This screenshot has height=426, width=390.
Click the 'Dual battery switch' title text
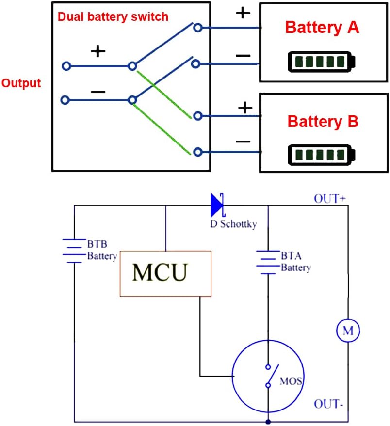click(x=113, y=16)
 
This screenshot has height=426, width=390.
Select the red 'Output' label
click(x=21, y=83)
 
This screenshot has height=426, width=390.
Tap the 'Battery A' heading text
click(x=322, y=27)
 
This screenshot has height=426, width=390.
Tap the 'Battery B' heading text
click(x=323, y=121)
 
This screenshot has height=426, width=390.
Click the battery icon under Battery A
click(x=322, y=62)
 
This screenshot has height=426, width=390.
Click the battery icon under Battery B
click(x=322, y=155)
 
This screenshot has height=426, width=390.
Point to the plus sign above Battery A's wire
click(x=243, y=13)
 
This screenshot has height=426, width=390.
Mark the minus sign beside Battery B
click(x=243, y=141)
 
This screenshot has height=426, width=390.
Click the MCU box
click(x=165, y=273)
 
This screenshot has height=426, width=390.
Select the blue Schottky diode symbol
click(x=217, y=205)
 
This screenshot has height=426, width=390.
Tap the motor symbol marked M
click(x=348, y=331)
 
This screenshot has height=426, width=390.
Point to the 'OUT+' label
click(x=329, y=198)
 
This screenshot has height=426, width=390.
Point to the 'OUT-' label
click(x=329, y=404)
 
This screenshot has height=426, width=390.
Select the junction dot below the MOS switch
click(x=268, y=422)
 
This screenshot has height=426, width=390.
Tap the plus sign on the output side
click(x=98, y=51)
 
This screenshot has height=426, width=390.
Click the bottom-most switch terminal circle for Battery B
click(x=197, y=152)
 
